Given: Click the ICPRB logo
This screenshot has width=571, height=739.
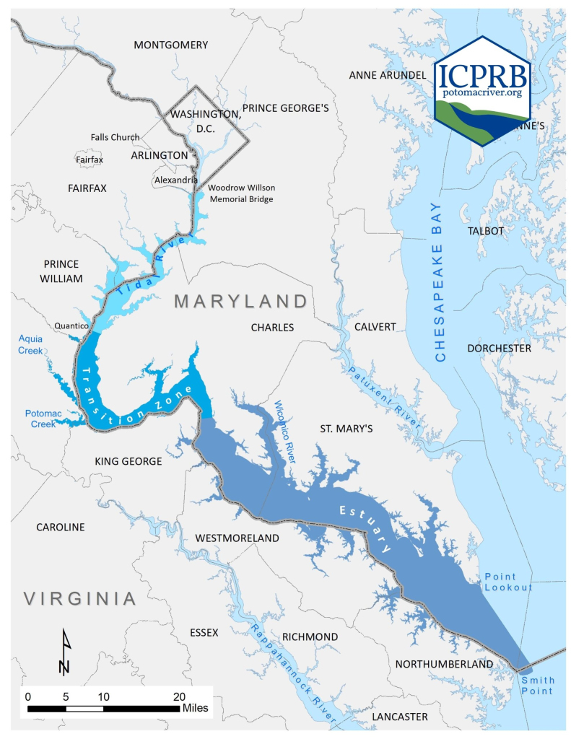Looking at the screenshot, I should tap(482, 90).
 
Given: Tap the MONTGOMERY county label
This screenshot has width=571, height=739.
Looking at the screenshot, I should tap(171, 45).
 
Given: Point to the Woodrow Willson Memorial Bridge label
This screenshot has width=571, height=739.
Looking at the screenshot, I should tap(240, 193).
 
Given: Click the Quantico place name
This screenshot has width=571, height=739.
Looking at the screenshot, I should tap(71, 326).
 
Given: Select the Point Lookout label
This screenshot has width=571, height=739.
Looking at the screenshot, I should tap(508, 582).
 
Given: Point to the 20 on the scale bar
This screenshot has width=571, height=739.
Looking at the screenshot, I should tap(179, 696).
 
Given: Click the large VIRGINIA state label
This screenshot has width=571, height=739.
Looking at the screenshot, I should tap(79, 598).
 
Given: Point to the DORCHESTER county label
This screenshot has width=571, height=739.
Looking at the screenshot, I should tap(499, 348).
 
